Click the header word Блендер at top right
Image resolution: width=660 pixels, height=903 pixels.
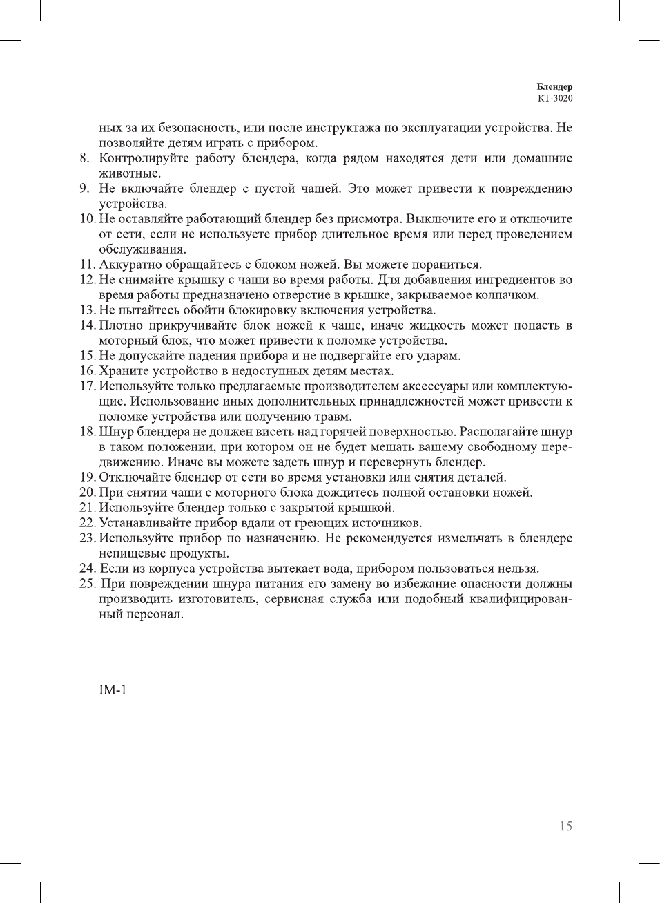[554, 87]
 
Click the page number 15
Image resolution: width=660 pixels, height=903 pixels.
[565, 826]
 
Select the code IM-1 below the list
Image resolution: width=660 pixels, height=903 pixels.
[113, 690]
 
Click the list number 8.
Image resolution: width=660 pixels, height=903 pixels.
[84, 158]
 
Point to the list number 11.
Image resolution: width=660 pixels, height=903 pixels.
[86, 265]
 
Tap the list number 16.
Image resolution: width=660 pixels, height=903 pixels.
[86, 371]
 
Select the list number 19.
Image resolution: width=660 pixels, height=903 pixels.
[86, 477]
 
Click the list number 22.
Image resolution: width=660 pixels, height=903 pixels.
[86, 523]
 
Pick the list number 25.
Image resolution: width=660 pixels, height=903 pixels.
[86, 584]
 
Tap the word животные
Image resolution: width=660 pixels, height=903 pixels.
[129, 173]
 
